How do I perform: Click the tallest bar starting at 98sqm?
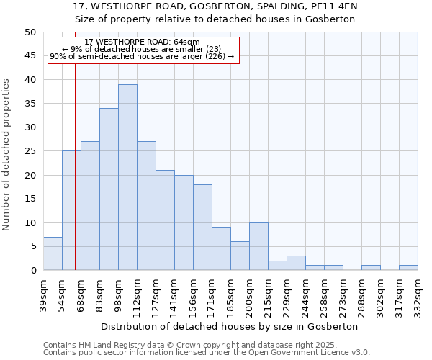[x=127, y=177]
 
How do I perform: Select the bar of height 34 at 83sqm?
[x=109, y=189]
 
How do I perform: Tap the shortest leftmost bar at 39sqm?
[x=53, y=253]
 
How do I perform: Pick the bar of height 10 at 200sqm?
[x=258, y=246]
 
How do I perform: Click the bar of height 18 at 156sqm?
[x=202, y=227]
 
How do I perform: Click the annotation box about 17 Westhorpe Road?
[x=143, y=50]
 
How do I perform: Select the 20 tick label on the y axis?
[x=30, y=175]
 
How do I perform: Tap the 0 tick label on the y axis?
[x=32, y=271]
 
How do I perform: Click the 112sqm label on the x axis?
[x=137, y=294]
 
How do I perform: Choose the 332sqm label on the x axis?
[x=418, y=294]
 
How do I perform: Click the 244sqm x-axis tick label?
[x=305, y=294]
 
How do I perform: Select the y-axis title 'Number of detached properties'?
[x=7, y=155]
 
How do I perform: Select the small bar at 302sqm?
[x=371, y=268]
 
